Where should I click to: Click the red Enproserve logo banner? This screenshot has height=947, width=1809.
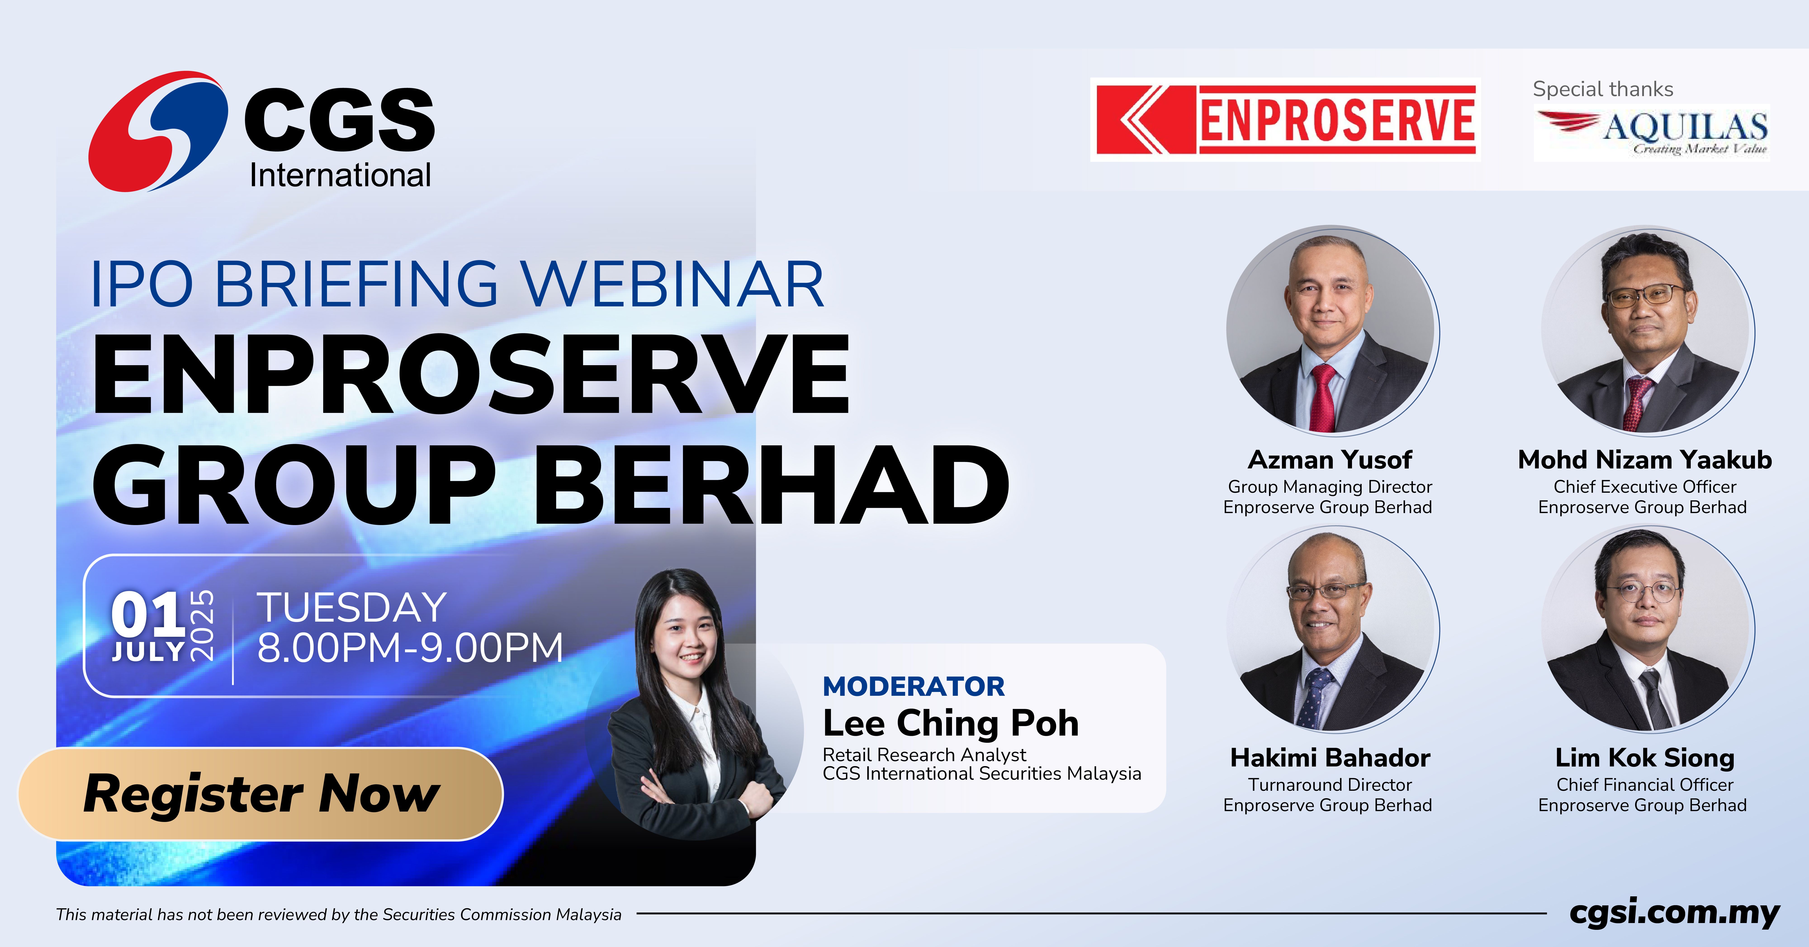click(x=1285, y=119)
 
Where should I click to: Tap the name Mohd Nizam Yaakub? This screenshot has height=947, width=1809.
click(x=1645, y=460)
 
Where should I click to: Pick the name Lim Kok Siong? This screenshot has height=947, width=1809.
click(x=1645, y=758)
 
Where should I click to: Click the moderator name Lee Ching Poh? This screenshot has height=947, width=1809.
click(x=951, y=723)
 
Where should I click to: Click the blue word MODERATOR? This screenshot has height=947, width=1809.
click(x=914, y=686)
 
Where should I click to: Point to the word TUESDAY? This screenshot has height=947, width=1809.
click(x=352, y=607)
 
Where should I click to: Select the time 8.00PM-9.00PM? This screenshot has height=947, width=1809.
click(x=410, y=647)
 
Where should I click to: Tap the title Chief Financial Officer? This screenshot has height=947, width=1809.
click(x=1645, y=785)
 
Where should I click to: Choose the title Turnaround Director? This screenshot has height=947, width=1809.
click(x=1330, y=785)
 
